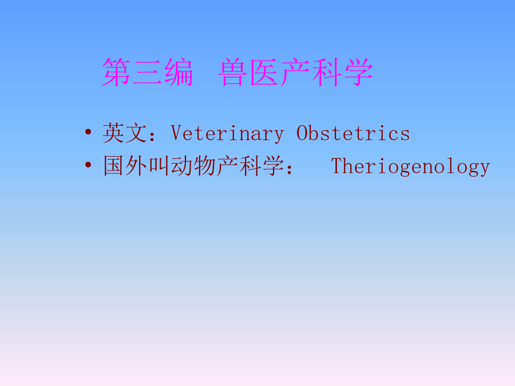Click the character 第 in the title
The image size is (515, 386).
tap(116, 72)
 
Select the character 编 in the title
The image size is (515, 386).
tap(179, 72)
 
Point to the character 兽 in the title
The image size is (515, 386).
tap(232, 72)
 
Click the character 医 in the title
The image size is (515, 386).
tap(264, 72)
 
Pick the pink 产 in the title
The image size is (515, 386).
tap(295, 72)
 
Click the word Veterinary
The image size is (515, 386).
tap(227, 134)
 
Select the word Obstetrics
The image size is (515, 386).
tap(353, 133)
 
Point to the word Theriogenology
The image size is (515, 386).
tap(410, 166)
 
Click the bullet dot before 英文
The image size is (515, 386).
tap(88, 132)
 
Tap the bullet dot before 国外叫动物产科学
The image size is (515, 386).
tap(88, 165)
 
